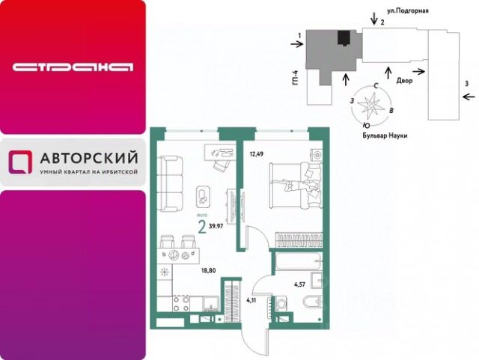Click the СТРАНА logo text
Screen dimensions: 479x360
[73, 67]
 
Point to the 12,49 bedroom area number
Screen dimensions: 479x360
[257, 155]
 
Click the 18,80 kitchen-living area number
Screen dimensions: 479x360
[210, 272]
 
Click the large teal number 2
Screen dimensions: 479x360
[201, 223]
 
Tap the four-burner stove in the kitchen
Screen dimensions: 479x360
[180, 302]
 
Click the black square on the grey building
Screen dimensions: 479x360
[344, 38]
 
